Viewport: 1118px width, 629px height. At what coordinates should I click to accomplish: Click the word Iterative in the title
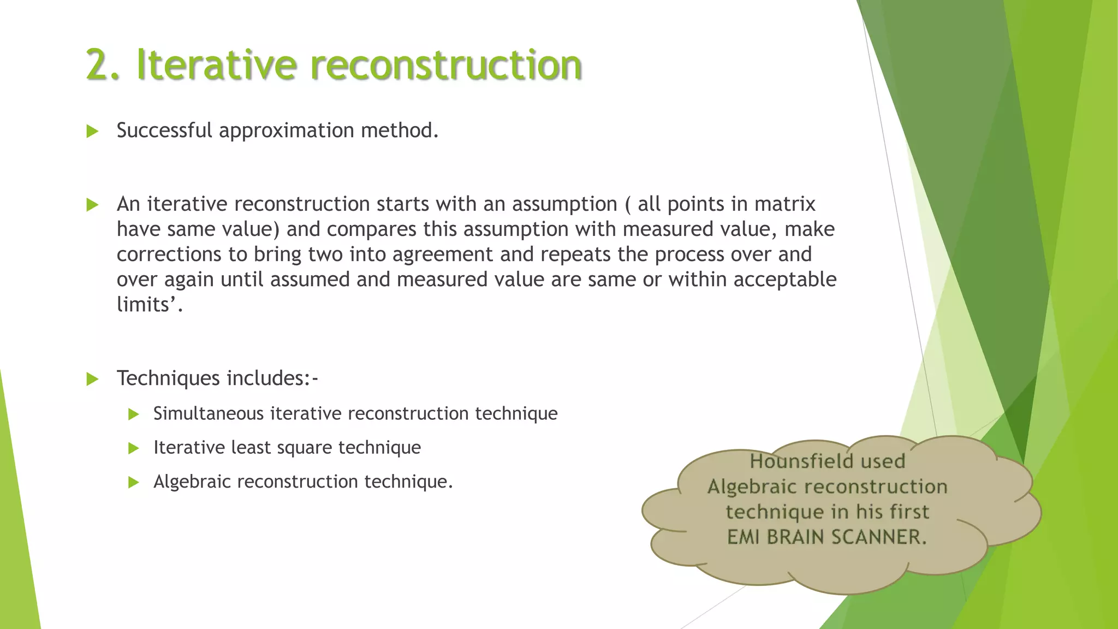coord(217,65)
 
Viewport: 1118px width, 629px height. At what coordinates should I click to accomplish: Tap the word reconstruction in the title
coord(446,65)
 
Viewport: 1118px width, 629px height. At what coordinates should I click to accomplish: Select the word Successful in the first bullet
coord(164,130)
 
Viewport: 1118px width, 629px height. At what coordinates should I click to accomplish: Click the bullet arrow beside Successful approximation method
coord(92,131)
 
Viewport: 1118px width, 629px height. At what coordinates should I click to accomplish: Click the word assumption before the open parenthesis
coord(564,204)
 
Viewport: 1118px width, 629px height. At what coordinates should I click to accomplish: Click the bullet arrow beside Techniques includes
coord(92,379)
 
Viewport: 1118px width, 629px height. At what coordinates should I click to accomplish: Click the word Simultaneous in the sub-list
coord(209,414)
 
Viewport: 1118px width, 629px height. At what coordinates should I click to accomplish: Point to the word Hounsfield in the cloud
coord(801,461)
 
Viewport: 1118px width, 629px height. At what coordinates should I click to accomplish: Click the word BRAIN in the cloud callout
coord(795,537)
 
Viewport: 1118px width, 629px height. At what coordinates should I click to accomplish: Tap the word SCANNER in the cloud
coord(879,537)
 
